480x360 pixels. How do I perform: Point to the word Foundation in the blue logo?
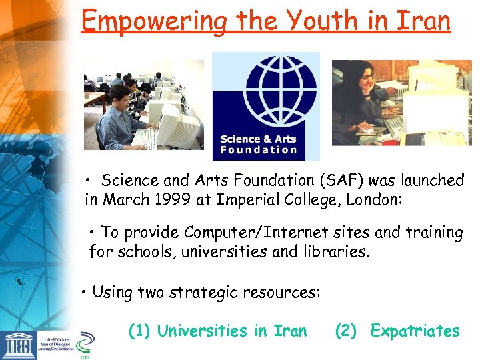258,150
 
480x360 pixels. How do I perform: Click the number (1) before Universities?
139,331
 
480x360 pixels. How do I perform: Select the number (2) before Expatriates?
346,331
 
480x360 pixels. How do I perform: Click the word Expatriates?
415,331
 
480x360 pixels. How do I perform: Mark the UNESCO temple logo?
18,343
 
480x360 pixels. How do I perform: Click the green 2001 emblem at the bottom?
85,345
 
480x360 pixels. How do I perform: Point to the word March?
132,199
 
